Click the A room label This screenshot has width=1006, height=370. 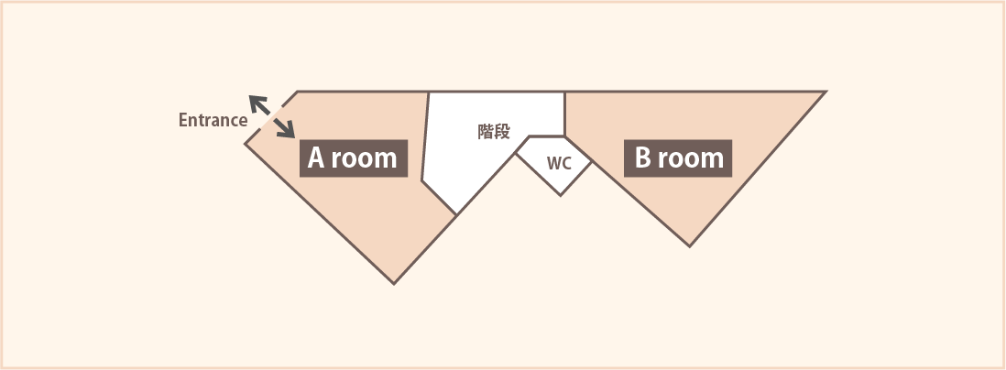(x=354, y=158)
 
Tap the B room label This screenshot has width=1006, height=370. (x=679, y=158)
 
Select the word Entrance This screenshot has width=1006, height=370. (x=213, y=120)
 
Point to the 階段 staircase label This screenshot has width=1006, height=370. (x=494, y=131)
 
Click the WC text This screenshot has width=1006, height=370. (x=559, y=165)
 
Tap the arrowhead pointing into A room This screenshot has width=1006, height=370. (x=286, y=130)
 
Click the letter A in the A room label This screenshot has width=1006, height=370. (x=317, y=158)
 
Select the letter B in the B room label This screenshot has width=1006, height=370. (x=643, y=158)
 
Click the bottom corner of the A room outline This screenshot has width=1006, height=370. (x=394, y=283)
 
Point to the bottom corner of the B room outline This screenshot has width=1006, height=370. (x=690, y=245)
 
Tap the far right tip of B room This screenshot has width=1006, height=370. (x=826, y=92)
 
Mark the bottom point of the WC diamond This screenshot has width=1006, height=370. (x=561, y=195)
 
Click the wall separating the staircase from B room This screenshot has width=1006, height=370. (x=564, y=114)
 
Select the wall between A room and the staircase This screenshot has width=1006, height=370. (x=425, y=137)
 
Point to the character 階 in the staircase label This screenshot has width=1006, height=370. (x=486, y=131)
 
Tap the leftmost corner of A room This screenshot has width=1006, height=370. (x=245, y=144)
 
